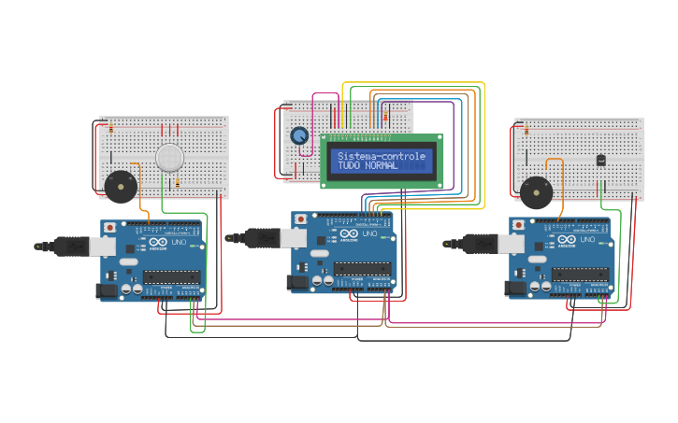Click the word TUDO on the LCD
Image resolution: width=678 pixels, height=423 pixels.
click(x=350, y=165)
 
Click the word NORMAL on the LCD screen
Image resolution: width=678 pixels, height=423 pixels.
click(x=382, y=165)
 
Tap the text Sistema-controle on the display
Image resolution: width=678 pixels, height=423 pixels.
click(x=382, y=156)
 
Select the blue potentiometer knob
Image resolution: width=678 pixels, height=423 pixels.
click(x=299, y=136)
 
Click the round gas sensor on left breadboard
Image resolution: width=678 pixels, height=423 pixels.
click(x=169, y=157)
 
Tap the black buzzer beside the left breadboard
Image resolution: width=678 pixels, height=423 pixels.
click(x=120, y=186)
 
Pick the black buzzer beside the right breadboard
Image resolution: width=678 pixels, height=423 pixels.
click(x=536, y=193)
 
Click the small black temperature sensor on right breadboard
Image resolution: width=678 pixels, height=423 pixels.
click(x=600, y=160)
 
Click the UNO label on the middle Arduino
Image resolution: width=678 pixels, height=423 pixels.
click(x=369, y=234)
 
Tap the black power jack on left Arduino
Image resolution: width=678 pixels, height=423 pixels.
click(x=107, y=291)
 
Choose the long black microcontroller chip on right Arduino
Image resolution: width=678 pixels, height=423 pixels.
click(x=580, y=274)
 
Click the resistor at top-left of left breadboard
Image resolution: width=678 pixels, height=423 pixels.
click(x=110, y=128)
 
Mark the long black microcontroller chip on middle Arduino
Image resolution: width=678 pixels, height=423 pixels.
click(x=362, y=269)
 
